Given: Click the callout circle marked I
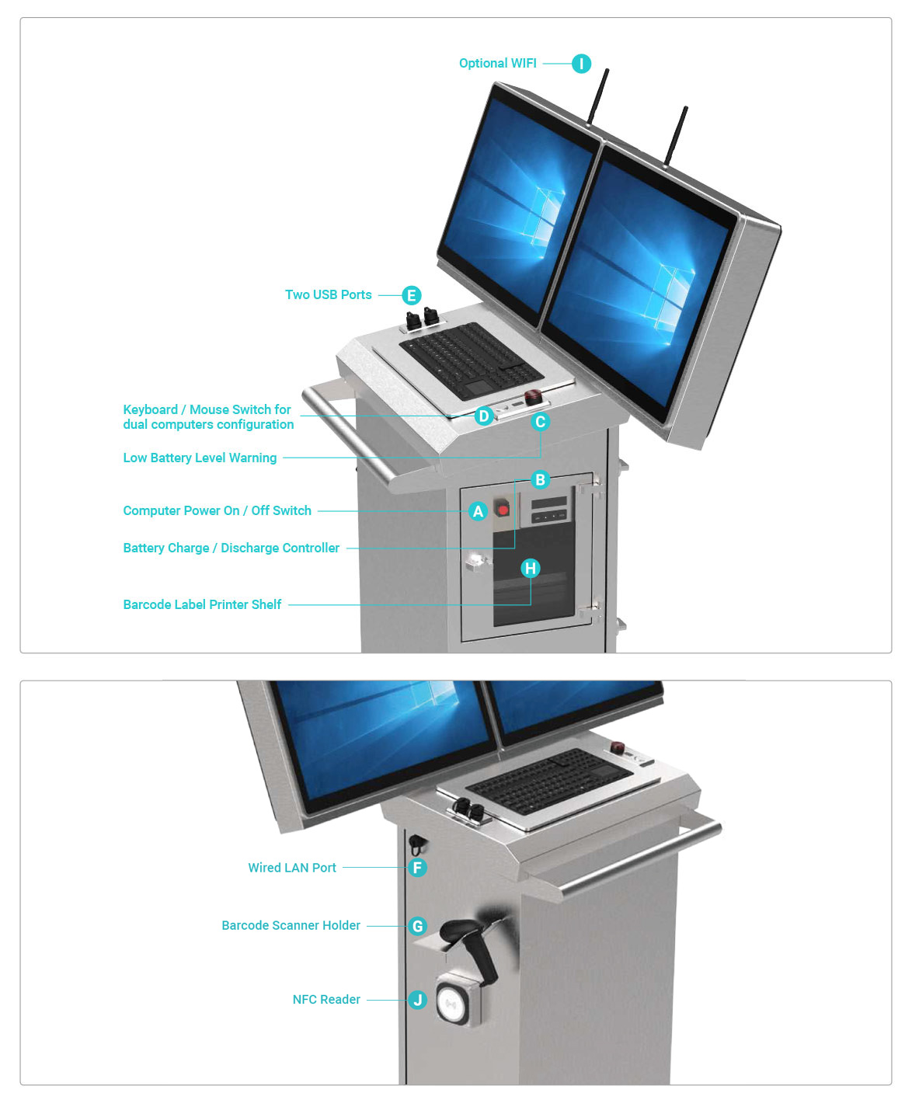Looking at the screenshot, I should click(x=581, y=64).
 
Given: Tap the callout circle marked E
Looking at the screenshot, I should click(x=411, y=295).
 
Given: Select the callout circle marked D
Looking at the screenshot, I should click(x=484, y=416).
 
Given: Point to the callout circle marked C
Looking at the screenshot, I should click(x=541, y=422).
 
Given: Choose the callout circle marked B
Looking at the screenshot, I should click(x=540, y=479).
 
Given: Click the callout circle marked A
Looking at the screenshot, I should click(x=479, y=511).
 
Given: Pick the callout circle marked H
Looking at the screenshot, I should click(x=531, y=568).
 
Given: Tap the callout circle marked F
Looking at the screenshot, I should click(x=418, y=868).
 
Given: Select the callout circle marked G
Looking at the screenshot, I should click(x=418, y=926).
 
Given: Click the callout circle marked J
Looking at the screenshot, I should click(x=418, y=1000).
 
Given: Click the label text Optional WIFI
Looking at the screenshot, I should click(x=497, y=64).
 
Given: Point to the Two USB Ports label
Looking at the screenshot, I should click(x=328, y=295).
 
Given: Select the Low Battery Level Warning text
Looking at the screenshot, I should click(x=200, y=458).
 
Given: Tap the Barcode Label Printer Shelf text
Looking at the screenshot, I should click(x=202, y=604).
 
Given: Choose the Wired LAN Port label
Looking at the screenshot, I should click(x=292, y=868).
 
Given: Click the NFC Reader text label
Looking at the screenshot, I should click(x=326, y=1000).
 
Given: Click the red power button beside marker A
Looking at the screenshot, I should click(x=503, y=510).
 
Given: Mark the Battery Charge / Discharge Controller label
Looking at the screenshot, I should click(x=231, y=548).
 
